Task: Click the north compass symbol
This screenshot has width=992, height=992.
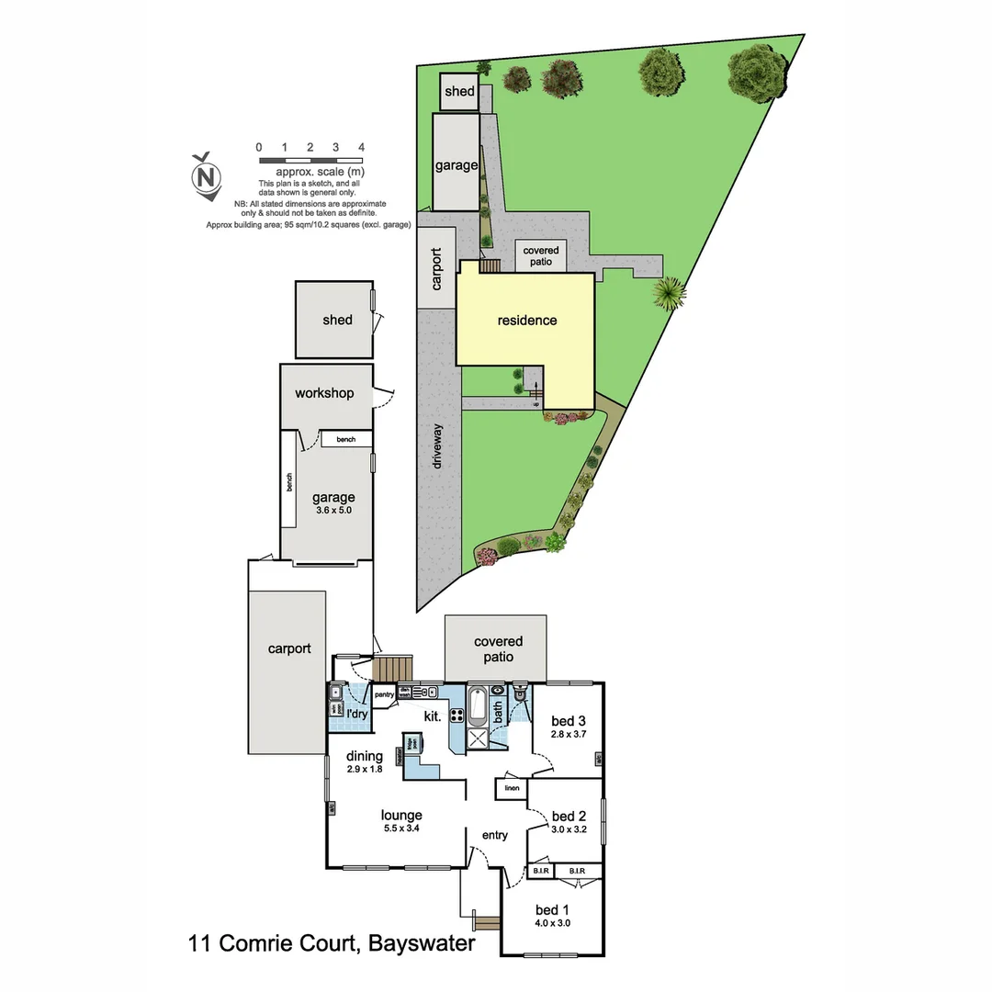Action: click(207, 175)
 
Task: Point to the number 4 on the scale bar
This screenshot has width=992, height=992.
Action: click(362, 147)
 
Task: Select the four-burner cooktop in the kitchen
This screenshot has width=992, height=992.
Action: click(456, 715)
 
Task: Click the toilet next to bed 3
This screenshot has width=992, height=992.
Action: click(520, 693)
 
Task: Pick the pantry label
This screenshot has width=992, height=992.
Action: click(384, 694)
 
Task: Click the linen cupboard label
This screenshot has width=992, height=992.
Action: click(512, 788)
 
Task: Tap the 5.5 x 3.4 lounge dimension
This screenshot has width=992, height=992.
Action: click(402, 829)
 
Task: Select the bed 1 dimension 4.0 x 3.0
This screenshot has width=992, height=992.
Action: click(554, 923)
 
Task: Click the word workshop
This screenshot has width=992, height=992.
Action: click(324, 393)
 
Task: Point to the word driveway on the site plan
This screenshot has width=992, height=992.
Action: click(438, 446)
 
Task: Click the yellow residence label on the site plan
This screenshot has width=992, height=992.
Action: click(527, 321)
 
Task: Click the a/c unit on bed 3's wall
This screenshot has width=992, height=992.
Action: click(599, 758)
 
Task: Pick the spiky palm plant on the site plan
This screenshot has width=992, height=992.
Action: click(669, 293)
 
